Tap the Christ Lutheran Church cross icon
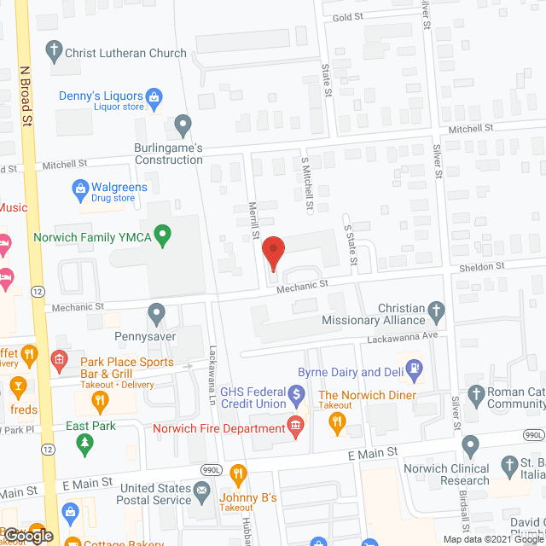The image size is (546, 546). pos(53,51)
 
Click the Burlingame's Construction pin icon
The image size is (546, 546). pos(182,126)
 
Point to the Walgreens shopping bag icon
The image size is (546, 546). pos(80,188)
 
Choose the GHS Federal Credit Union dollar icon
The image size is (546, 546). pos(296,395)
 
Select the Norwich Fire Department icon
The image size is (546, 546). pos(296,424)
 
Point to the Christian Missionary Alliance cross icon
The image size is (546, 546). pos(436,312)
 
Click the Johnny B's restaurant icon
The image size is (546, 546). pos(239,473)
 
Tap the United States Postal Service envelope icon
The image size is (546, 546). pos(201,491)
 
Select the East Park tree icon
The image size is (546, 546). pos(84,442)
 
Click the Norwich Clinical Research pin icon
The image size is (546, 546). pos(470,444)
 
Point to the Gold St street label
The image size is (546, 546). pos(349,17)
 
